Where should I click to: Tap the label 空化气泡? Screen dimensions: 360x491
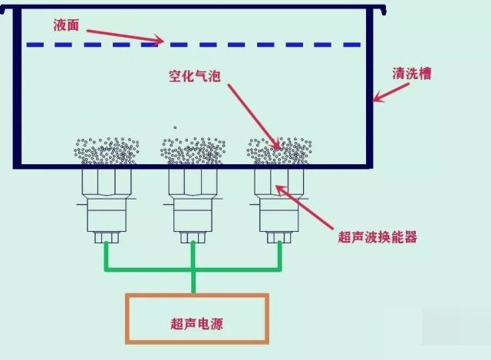(x=195, y=76)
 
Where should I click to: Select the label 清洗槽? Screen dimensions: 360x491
(x=411, y=74)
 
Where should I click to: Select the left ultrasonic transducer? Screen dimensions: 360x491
(x=107, y=203)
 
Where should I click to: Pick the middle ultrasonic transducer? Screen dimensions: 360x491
(x=193, y=203)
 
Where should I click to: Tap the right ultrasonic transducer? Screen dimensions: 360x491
(x=278, y=203)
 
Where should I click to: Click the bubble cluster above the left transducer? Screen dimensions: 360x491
(x=107, y=151)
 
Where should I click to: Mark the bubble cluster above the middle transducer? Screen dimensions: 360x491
(x=193, y=151)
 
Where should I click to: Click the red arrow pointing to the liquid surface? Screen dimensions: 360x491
(x=123, y=35)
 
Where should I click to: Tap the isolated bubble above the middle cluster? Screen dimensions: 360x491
(x=175, y=127)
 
